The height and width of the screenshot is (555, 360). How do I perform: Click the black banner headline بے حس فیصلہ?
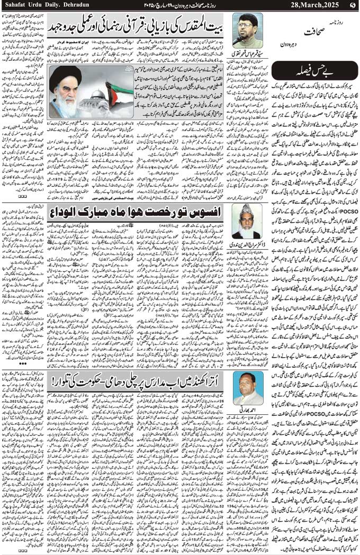pos(312,70)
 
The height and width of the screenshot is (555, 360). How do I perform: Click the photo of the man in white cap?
pos(247,221)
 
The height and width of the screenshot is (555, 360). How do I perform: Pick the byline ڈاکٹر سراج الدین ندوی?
pos(247,243)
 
